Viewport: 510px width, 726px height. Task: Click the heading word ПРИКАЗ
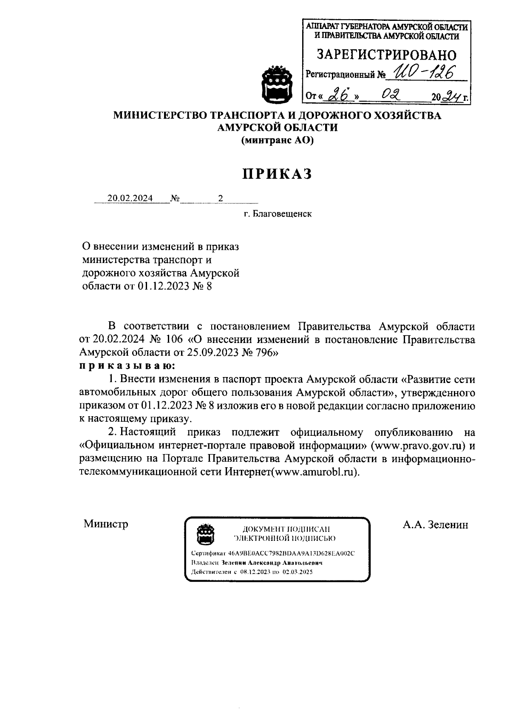coord(277,174)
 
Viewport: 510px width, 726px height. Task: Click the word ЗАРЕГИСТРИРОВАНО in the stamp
coord(387,55)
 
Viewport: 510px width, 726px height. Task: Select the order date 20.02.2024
coord(130,198)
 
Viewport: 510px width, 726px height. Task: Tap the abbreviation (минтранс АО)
coord(277,140)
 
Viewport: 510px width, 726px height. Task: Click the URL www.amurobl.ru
coord(314,472)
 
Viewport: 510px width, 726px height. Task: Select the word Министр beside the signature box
coord(106,523)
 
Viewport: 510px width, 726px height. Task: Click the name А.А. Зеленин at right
coord(435,525)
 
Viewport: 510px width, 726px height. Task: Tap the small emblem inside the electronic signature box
coord(206,534)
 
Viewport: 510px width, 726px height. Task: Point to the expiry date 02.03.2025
coord(297,572)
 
